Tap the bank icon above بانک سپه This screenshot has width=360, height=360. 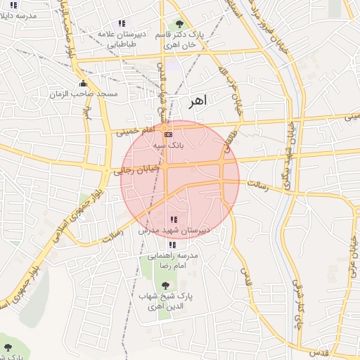pos(167,134)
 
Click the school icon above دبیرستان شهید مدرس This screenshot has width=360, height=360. pos(174,220)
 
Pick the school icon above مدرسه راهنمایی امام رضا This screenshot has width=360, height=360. pos(172,245)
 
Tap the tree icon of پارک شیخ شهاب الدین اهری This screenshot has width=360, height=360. pos(165,285)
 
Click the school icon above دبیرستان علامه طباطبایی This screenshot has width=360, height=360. pos(123,23)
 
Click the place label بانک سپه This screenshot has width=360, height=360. pos(168,145)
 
